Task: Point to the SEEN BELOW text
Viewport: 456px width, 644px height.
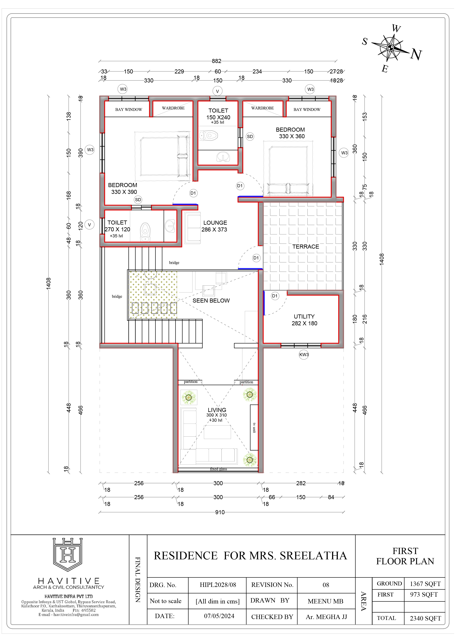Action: [x=211, y=300]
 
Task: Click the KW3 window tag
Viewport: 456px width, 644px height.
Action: [x=304, y=354]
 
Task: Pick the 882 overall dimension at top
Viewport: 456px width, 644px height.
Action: [x=216, y=61]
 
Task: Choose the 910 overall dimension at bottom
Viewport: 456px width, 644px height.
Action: [x=220, y=512]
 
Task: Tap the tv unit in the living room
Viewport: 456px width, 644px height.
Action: [x=254, y=427]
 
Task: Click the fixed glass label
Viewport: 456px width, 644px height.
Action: [x=218, y=469]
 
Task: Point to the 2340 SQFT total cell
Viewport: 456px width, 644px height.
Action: [x=425, y=618]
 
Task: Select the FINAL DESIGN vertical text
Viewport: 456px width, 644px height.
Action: [x=138, y=580]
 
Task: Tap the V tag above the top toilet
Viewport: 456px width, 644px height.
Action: [x=217, y=91]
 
